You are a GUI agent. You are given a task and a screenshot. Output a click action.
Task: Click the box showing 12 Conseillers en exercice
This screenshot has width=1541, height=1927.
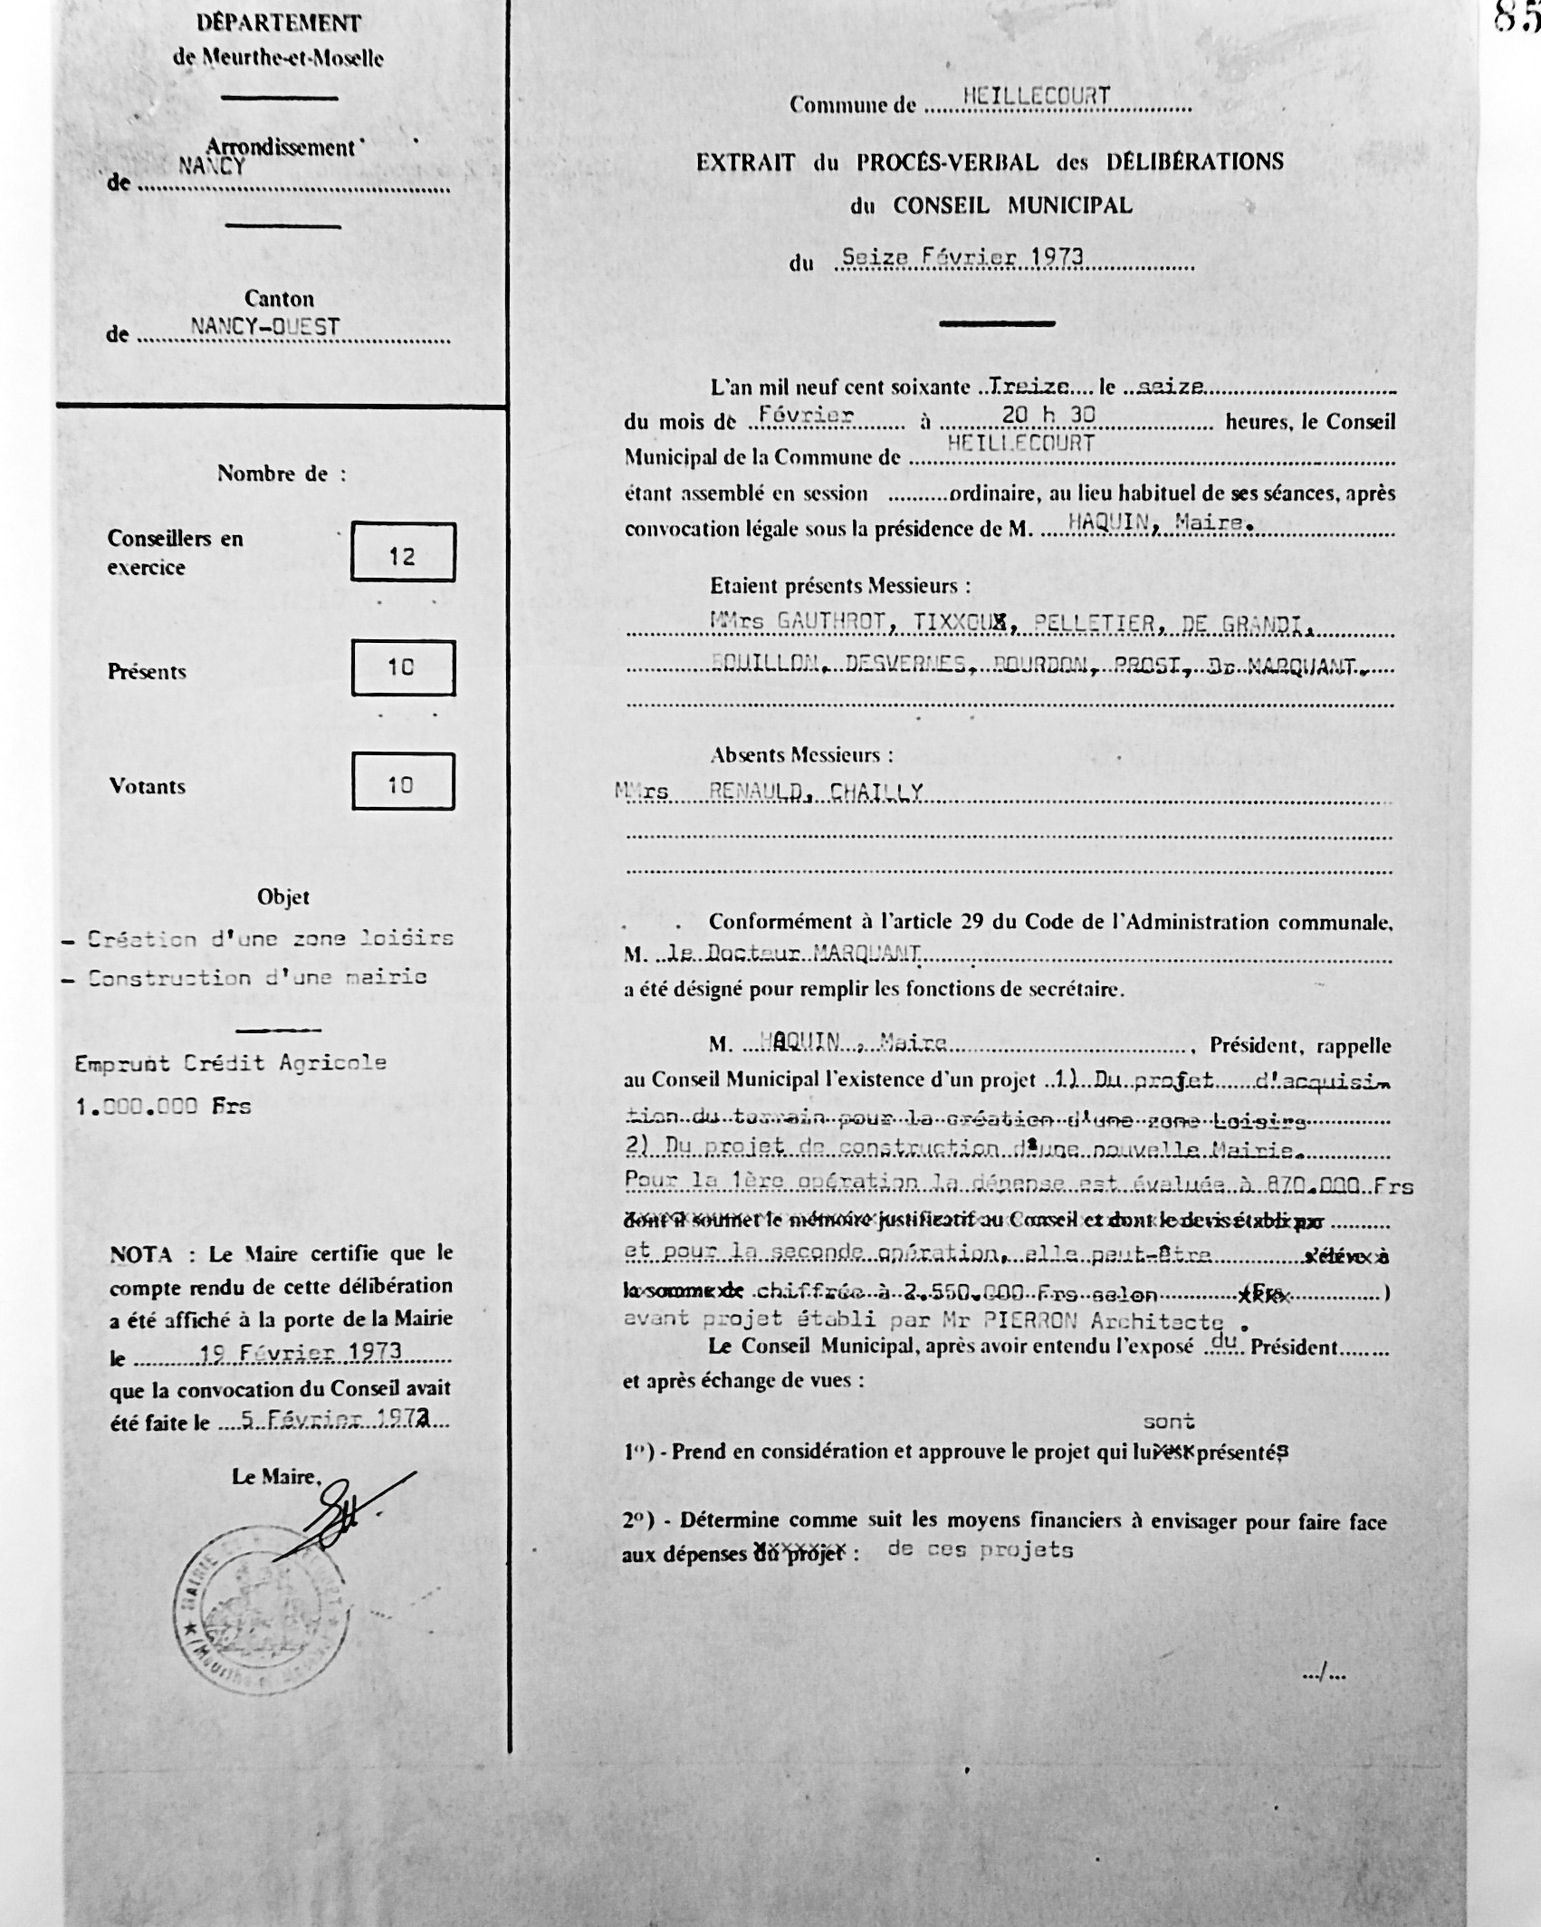pos(403,551)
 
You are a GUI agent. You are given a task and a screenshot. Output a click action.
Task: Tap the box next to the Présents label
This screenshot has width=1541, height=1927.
pos(403,667)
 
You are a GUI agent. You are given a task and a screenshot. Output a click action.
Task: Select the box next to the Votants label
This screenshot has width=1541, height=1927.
pos(403,781)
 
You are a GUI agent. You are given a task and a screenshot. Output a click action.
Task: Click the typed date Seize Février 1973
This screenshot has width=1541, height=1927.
pos(962,257)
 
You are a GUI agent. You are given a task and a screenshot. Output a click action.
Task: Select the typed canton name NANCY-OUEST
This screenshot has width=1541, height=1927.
pos(264,328)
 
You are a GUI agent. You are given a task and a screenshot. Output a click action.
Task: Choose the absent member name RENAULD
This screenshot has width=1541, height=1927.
pos(756,792)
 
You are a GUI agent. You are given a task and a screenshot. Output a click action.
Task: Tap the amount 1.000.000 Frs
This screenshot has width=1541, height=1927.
pos(163,1107)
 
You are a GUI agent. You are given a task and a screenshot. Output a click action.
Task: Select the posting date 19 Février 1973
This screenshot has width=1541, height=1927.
pos(301,1352)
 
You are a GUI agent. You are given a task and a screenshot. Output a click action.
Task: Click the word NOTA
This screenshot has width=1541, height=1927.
pos(141,1255)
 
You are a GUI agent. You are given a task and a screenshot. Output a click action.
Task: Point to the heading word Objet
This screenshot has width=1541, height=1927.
pos(283,897)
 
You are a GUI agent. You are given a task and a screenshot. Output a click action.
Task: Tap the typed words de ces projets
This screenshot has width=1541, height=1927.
pos(980,1549)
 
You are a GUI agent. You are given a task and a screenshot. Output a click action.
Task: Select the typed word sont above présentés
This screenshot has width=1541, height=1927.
pos(1169,1422)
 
